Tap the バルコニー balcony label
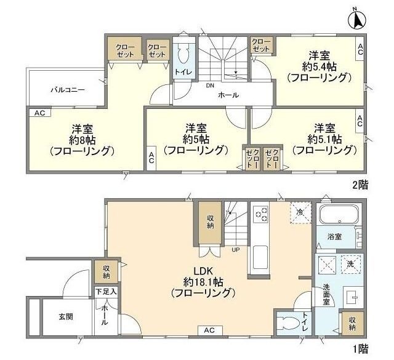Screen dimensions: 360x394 click(68, 90)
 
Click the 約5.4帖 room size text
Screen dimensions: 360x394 click(320, 66)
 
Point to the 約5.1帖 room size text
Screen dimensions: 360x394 click(324, 139)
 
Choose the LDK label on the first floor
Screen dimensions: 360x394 click(203, 271)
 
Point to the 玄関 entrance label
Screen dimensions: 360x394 click(66, 316)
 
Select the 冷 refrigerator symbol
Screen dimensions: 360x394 click(300, 212)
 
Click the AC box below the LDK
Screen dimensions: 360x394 click(209, 330)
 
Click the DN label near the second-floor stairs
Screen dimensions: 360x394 click(210, 86)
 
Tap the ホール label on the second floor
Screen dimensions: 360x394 click(228, 95)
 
